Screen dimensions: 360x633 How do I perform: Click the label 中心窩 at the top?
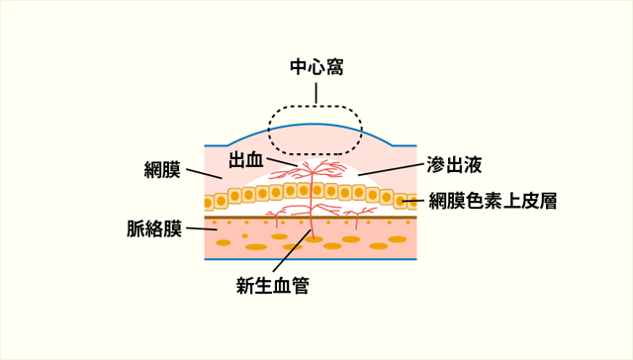316,67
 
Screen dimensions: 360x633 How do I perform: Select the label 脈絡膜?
154,229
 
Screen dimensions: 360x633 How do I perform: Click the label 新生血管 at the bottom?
272,287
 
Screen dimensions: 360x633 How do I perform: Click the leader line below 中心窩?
316,93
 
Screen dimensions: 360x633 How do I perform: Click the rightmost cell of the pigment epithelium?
410,202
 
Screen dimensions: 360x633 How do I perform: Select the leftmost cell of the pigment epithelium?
209,203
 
